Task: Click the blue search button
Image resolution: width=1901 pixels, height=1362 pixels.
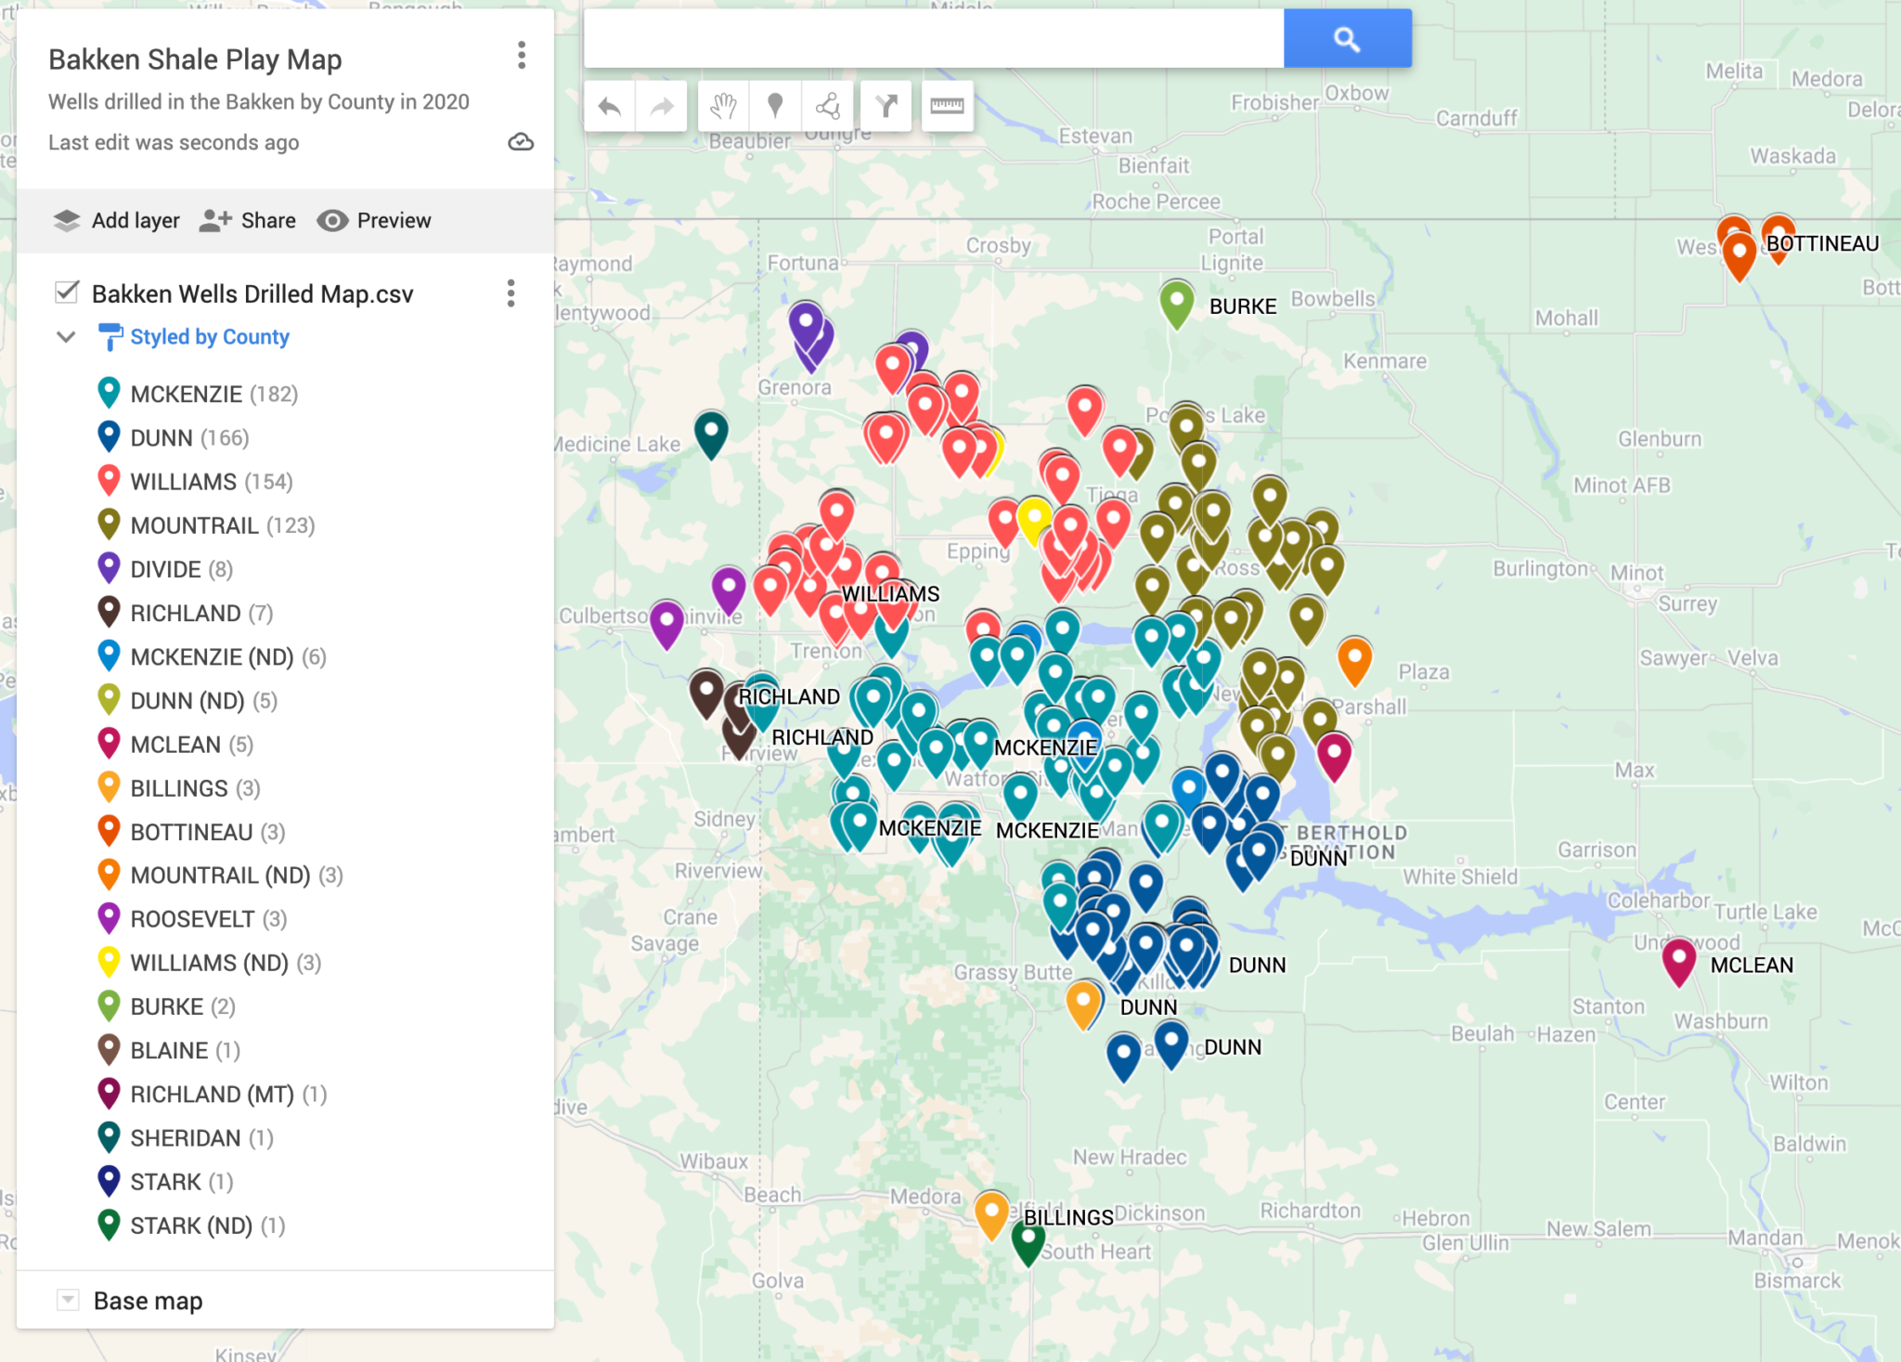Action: click(1347, 39)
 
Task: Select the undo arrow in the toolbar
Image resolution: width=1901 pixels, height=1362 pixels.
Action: click(610, 107)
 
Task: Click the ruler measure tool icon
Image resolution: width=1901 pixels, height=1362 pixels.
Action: click(946, 107)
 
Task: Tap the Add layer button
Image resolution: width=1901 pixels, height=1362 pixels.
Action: click(117, 220)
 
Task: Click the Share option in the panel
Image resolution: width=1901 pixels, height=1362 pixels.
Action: click(248, 220)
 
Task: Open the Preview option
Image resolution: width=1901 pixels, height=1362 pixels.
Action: click(374, 220)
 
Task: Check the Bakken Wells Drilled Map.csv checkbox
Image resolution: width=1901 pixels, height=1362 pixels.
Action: click(67, 292)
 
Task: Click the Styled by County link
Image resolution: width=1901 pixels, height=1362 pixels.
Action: click(210, 337)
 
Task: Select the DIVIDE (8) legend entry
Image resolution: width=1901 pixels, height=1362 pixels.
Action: click(181, 569)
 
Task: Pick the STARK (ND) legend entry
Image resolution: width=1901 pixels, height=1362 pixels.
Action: click(191, 1226)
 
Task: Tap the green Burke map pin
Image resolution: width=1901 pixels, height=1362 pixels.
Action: click(1176, 302)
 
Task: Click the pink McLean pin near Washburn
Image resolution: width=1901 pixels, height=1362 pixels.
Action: click(1678, 959)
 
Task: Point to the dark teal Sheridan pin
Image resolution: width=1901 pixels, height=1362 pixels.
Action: click(711, 433)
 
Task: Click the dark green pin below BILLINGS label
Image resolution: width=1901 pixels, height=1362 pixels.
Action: click(1028, 1239)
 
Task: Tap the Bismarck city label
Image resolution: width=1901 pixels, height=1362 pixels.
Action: click(1796, 1281)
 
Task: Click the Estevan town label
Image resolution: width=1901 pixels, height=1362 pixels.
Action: click(1095, 136)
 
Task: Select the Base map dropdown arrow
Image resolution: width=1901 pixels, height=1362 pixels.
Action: click(68, 1300)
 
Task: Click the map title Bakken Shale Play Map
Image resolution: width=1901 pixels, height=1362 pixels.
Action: click(195, 59)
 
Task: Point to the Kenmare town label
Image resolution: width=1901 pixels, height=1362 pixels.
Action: click(1384, 361)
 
